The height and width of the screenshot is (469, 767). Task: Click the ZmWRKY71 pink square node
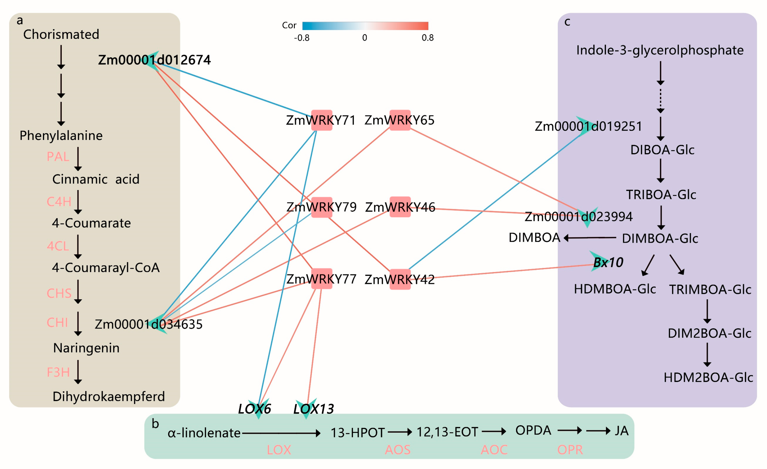point(321,120)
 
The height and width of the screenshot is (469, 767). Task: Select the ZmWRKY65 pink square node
point(400,120)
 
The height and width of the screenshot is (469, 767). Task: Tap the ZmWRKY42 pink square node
point(400,279)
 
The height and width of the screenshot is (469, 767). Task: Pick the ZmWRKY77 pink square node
point(321,279)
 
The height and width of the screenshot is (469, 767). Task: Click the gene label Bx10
point(608,262)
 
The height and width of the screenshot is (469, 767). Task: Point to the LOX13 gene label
point(313,409)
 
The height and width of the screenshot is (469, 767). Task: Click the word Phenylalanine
point(61,135)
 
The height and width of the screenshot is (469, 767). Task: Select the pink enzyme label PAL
point(58,156)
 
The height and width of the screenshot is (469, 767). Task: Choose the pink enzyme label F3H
point(58,372)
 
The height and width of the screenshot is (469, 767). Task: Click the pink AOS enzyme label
point(398,450)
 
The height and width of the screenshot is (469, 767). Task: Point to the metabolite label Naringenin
point(86,348)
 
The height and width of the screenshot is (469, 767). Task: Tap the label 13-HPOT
point(357,433)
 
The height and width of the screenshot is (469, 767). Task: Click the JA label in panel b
point(621,431)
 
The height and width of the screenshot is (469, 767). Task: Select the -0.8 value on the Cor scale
point(302,38)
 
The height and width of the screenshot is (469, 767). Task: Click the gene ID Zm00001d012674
point(154,60)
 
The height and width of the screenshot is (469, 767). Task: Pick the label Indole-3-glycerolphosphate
point(660,50)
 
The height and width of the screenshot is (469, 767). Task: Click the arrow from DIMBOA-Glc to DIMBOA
point(590,238)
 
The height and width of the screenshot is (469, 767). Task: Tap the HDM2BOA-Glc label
point(708,378)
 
